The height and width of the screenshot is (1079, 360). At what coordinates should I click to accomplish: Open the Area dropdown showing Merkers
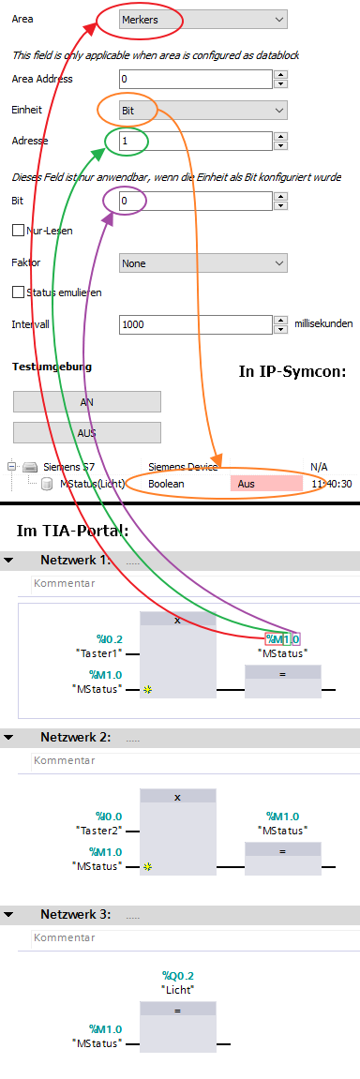[202, 19]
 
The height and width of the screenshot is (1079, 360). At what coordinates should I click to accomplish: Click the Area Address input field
[196, 79]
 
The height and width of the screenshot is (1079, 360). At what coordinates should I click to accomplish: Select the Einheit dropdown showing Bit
[202, 111]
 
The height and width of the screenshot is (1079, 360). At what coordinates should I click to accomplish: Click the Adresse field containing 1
[196, 142]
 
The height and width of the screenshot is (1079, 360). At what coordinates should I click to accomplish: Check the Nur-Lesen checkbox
[18, 230]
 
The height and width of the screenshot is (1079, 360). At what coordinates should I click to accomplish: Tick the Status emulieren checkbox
[18, 292]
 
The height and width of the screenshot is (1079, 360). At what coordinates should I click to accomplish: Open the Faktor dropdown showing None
[202, 263]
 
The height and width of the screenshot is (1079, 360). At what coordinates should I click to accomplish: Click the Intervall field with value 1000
[196, 324]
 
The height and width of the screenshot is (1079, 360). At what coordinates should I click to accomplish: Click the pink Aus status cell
[266, 484]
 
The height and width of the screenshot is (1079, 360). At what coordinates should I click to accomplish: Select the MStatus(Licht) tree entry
[92, 484]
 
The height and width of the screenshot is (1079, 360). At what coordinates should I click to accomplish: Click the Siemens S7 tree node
[68, 466]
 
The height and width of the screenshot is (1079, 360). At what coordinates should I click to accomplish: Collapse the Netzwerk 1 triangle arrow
[8, 560]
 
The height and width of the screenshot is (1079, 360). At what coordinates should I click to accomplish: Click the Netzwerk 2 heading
[76, 737]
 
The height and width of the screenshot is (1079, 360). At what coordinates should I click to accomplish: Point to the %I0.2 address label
[109, 638]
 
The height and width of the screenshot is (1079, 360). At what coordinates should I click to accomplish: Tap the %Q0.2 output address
[177, 975]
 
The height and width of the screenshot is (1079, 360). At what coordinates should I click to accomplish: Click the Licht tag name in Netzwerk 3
[177, 989]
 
